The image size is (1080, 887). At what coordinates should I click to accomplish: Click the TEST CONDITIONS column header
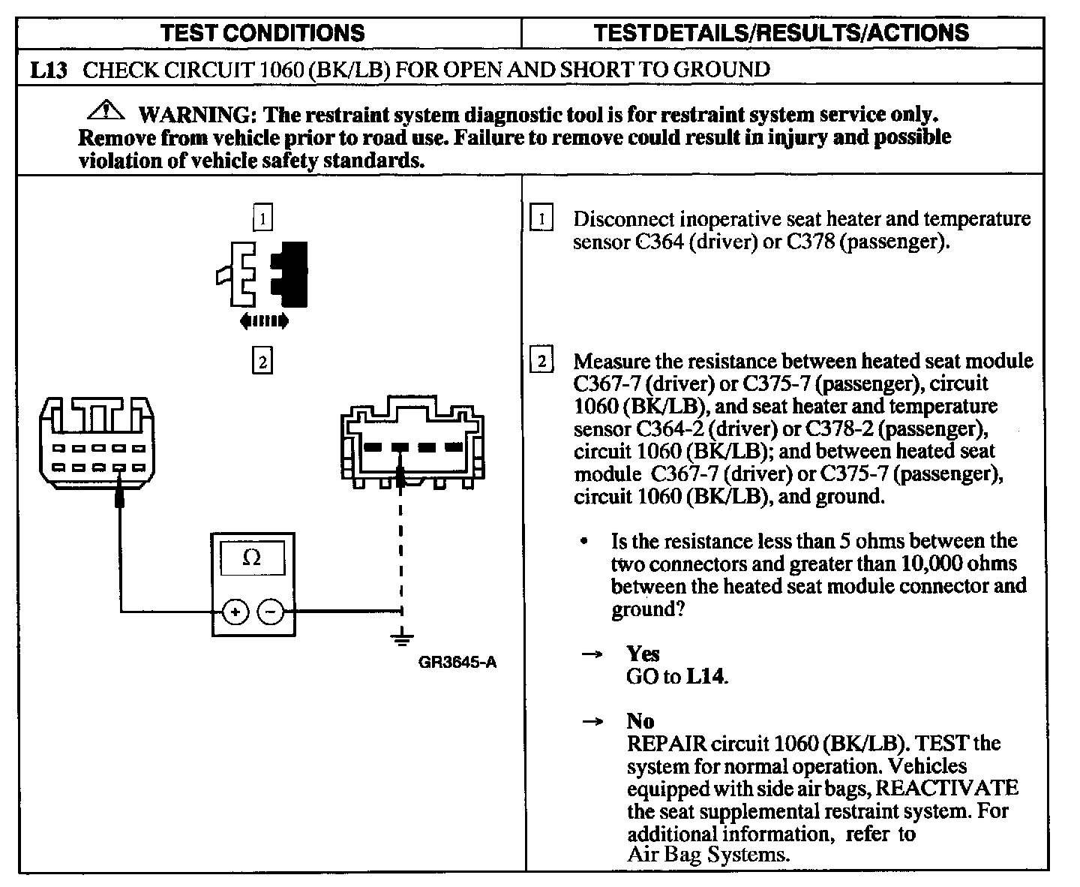[x=263, y=33]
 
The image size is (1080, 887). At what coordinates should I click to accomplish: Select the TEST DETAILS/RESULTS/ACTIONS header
[x=781, y=33]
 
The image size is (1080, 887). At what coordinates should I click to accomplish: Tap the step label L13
[x=49, y=71]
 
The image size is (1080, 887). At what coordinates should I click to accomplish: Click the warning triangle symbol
[x=106, y=111]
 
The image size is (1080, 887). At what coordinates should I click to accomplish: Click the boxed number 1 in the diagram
[x=262, y=218]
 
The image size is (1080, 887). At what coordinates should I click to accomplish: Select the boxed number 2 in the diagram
[x=262, y=362]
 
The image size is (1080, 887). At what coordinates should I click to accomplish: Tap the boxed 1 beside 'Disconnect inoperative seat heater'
[x=541, y=218]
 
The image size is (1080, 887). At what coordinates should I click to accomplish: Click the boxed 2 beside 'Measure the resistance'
[x=541, y=361]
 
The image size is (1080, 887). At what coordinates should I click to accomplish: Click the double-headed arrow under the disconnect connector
[x=263, y=322]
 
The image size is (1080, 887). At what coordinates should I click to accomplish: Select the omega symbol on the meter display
[x=253, y=558]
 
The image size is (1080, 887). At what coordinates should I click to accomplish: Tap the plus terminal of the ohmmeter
[x=235, y=612]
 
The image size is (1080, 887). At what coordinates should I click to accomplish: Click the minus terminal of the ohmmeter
[x=271, y=612]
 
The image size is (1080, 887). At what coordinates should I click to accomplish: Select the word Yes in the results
[x=643, y=654]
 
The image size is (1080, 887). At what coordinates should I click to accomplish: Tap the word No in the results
[x=640, y=721]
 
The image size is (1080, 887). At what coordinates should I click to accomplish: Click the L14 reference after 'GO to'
[x=706, y=676]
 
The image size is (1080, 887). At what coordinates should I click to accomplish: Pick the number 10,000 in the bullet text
[x=925, y=564]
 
